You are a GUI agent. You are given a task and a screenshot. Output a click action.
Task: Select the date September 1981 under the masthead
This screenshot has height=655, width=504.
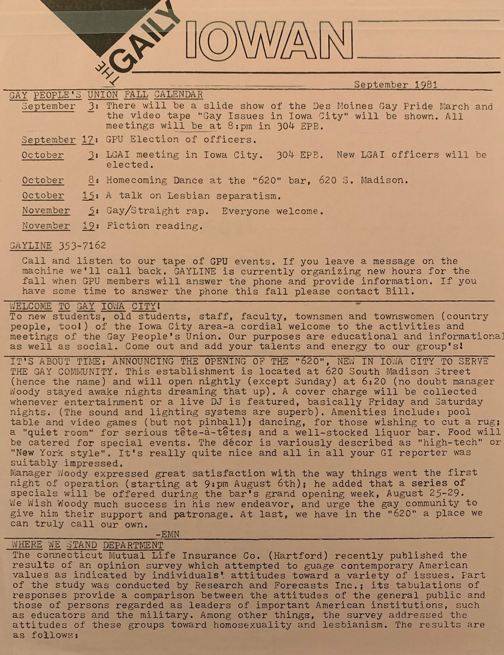click(x=395, y=85)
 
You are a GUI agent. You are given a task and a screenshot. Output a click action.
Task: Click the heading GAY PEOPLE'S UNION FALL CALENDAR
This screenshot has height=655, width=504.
click(x=106, y=95)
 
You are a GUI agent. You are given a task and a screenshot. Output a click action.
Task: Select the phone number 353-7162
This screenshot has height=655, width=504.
click(x=81, y=246)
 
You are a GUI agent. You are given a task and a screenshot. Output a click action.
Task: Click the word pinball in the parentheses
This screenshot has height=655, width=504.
click(x=201, y=422)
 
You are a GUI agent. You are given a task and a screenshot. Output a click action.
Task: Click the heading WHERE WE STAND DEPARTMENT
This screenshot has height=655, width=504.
click(x=87, y=545)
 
